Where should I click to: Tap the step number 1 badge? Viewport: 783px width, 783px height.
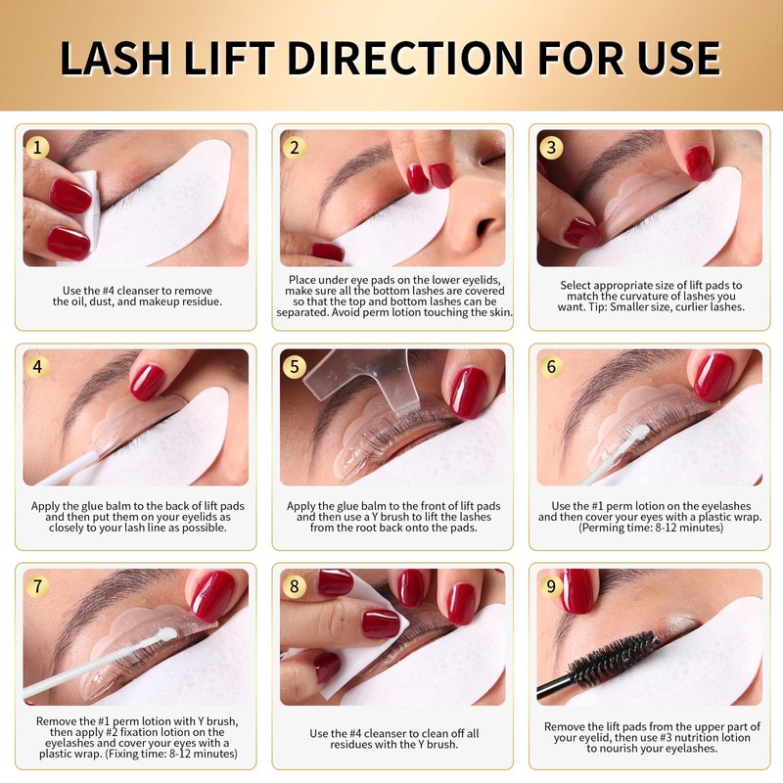tap(38, 148)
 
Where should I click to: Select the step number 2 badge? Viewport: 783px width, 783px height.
tap(295, 148)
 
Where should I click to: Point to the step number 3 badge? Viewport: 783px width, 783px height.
tap(552, 148)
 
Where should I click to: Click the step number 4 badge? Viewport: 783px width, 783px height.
tap(38, 367)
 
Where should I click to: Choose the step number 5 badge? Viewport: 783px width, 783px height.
tap(295, 367)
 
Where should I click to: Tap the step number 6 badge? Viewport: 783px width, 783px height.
tap(552, 367)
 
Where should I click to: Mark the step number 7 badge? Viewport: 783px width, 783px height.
tap(38, 586)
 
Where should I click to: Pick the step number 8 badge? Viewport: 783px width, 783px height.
tap(295, 586)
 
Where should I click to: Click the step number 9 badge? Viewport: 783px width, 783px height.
tap(552, 586)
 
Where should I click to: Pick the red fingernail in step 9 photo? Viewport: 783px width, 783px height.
tap(577, 590)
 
